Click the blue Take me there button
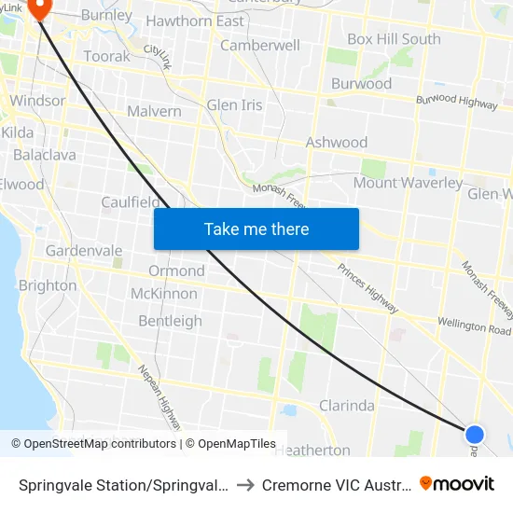pos(256,229)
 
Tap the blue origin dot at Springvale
pos(475,434)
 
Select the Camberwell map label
pos(260,45)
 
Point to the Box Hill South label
pos(394,39)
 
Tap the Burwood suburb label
pos(361,83)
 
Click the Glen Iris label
pos(234,104)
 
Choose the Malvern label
pos(154,111)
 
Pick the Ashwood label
pos(337,143)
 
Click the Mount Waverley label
pos(408,183)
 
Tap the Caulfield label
pos(130,202)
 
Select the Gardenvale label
pos(84,251)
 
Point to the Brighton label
pos(48,285)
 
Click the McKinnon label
pos(164,294)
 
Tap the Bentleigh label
pos(170,321)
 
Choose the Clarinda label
pos(347,406)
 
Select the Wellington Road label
pos(474,327)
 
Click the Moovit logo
pos(457,483)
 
